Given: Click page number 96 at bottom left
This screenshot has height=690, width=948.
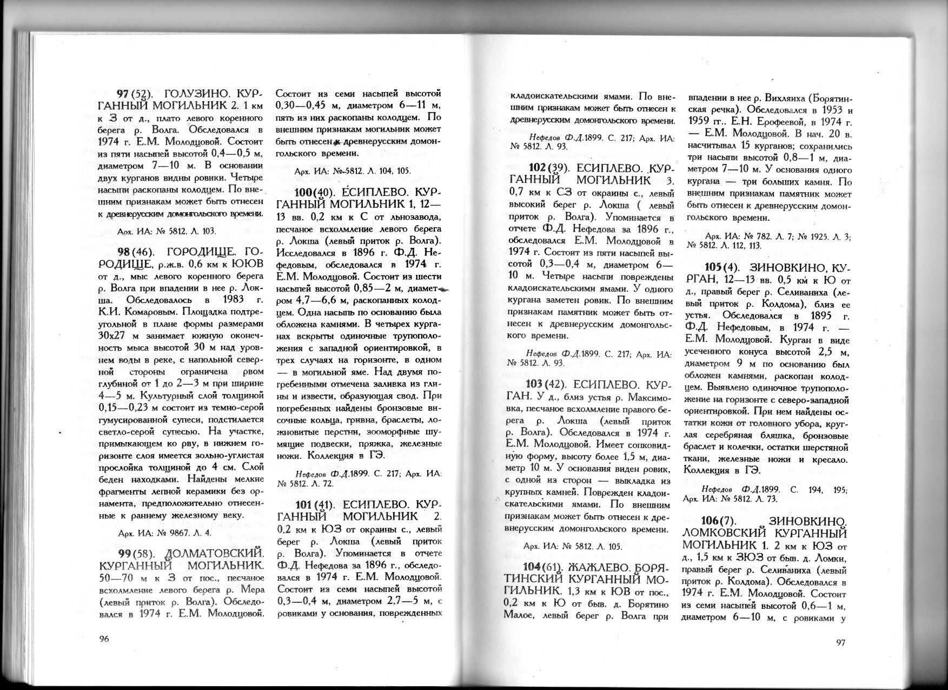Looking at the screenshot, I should (x=104, y=639).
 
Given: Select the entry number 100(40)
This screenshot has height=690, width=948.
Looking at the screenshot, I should (x=318, y=193).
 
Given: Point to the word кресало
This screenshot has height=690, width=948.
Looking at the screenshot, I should (x=817, y=459).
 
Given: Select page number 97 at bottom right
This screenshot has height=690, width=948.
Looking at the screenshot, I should (x=839, y=642).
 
